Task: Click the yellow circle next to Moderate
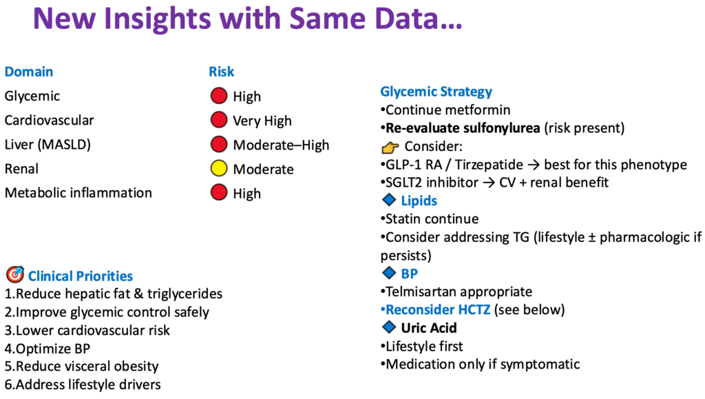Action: click(219, 168)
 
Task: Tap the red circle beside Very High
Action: click(219, 120)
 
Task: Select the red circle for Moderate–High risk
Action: click(219, 144)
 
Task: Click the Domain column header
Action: click(29, 72)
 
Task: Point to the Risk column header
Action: click(221, 72)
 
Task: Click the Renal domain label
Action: click(21, 169)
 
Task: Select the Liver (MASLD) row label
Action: click(48, 145)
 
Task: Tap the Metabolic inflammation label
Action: click(78, 192)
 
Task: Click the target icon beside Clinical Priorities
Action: click(15, 274)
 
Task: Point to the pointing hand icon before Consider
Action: click(390, 147)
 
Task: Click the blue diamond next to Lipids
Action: click(389, 199)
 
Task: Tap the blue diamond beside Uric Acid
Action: click(389, 327)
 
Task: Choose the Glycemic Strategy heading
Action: click(436, 92)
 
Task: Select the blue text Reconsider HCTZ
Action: click(438, 309)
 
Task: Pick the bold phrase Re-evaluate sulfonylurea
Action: click(463, 128)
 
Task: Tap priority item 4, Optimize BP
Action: click(48, 349)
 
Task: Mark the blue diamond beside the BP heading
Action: click(389, 272)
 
